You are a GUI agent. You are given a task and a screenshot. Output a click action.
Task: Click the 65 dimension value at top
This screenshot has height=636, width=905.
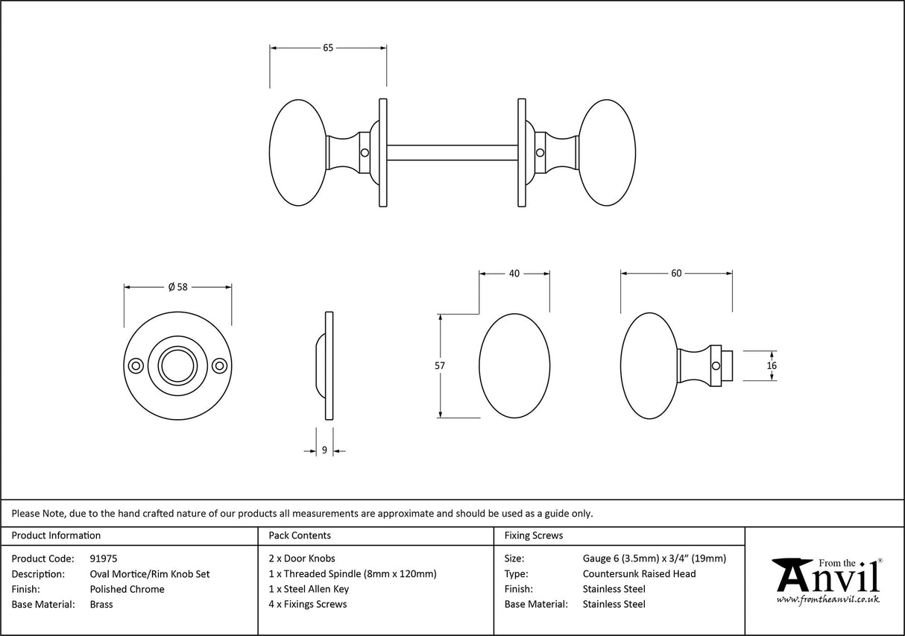[x=328, y=48]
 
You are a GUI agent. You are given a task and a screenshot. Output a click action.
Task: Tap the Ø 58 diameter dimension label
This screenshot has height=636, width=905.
[x=177, y=286]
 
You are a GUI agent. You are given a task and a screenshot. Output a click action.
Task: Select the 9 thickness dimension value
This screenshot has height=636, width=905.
[x=324, y=450]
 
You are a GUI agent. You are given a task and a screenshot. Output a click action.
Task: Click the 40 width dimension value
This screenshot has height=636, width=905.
[x=514, y=274]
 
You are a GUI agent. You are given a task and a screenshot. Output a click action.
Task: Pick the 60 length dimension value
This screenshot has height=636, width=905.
[x=676, y=274]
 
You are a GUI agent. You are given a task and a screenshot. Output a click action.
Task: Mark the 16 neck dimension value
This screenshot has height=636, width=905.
[x=772, y=365]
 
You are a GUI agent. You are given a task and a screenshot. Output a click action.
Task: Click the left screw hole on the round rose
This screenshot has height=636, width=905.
[x=136, y=366]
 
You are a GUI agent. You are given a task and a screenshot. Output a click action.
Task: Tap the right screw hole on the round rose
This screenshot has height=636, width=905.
[x=219, y=366]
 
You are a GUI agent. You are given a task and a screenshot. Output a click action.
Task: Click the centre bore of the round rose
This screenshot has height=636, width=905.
[x=177, y=366]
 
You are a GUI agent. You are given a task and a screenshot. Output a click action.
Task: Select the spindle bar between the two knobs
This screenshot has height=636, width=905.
[x=452, y=153]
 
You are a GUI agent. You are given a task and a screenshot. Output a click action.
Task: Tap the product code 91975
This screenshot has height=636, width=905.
[x=103, y=558]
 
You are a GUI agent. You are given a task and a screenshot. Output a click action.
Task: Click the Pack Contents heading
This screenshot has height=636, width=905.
[x=300, y=535]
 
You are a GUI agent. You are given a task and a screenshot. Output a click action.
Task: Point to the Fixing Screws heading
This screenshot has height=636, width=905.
[x=534, y=535]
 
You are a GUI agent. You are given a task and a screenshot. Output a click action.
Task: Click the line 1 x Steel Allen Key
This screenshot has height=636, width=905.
[x=309, y=589]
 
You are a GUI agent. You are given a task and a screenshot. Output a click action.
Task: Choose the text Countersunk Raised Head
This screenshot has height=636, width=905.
[x=639, y=573]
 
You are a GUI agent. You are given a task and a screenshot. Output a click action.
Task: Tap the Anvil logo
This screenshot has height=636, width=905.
[x=827, y=579]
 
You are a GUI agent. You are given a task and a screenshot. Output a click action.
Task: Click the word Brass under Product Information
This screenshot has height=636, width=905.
[x=101, y=605]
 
